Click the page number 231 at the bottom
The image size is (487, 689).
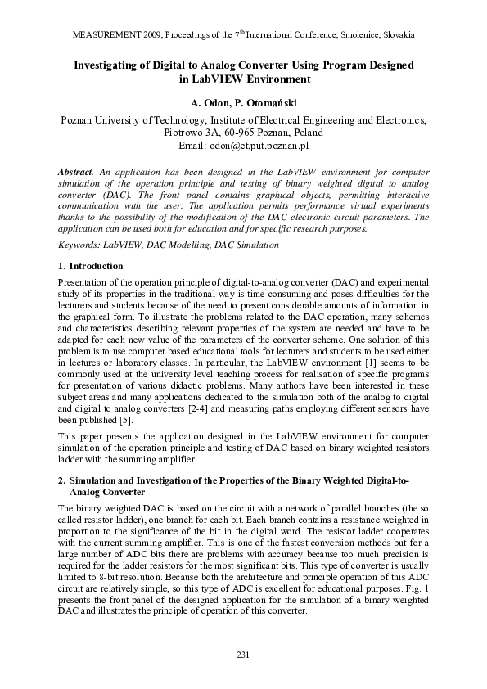click(242, 654)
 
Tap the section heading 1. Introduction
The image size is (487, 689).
click(91, 267)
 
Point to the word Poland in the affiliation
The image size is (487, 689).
click(306, 133)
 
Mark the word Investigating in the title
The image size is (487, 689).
click(111, 65)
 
